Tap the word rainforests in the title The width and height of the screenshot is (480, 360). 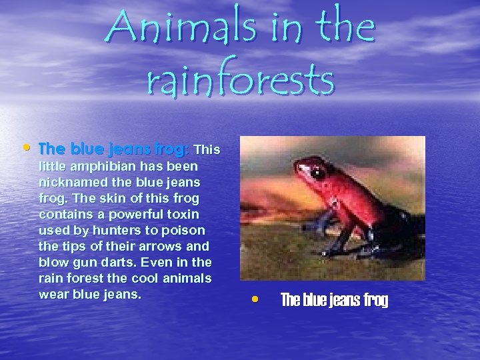(239, 79)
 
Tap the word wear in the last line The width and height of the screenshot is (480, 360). (53, 293)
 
